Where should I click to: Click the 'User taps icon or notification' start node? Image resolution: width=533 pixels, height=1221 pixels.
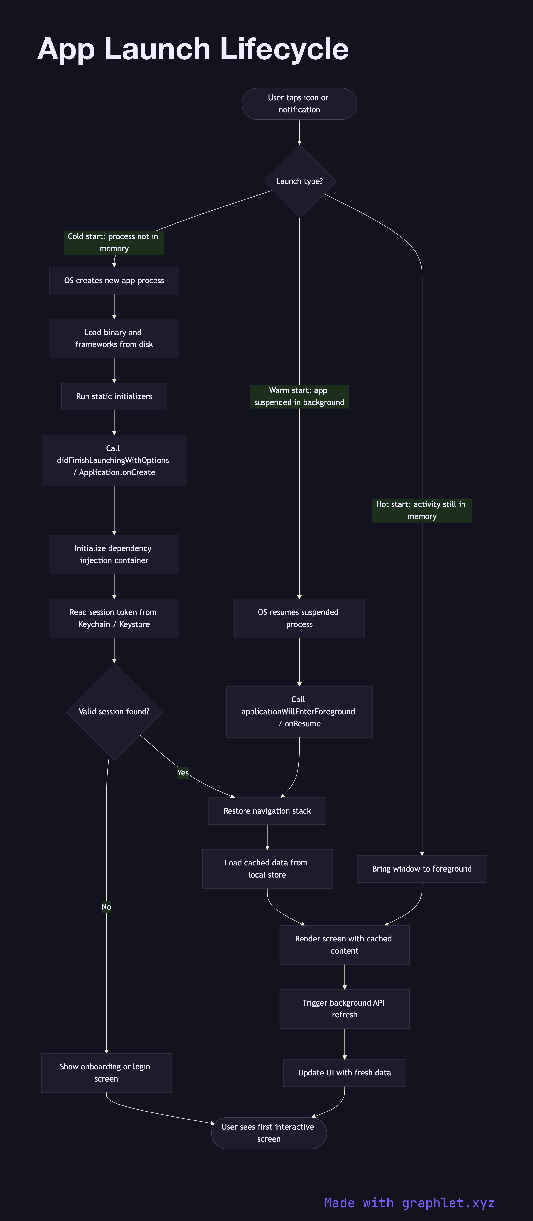click(x=299, y=104)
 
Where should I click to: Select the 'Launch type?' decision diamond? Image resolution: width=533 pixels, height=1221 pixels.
click(x=299, y=181)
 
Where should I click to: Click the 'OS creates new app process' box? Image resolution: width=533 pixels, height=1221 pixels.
click(x=114, y=281)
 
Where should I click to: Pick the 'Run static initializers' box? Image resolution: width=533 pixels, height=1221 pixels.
click(x=114, y=396)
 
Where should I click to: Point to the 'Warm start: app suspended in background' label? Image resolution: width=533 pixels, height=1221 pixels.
click(x=299, y=396)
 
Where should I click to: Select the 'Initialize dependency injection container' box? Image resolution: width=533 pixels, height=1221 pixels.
click(x=114, y=554)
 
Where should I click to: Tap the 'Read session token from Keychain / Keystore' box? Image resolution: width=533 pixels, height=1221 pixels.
click(x=114, y=618)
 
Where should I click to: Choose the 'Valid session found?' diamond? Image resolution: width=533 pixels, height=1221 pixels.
click(x=114, y=711)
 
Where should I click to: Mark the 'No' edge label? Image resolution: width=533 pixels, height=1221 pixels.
click(x=106, y=907)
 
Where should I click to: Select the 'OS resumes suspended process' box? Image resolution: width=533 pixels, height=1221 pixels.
click(x=299, y=618)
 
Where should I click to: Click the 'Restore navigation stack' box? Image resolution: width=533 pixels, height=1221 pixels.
click(x=267, y=811)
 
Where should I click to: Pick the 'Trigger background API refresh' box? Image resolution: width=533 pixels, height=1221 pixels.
click(x=344, y=1009)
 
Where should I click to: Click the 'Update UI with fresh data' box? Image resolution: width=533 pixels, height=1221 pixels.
click(x=344, y=1073)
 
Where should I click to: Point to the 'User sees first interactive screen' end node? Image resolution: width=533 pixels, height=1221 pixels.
click(x=268, y=1133)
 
